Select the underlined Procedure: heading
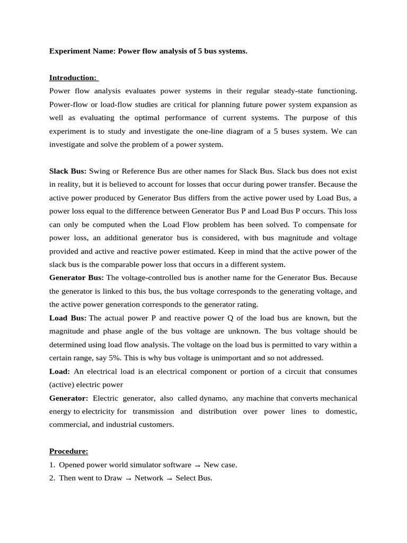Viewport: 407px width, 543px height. (69, 451)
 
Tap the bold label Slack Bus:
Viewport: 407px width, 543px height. (68, 171)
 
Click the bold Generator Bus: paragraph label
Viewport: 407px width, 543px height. (76, 278)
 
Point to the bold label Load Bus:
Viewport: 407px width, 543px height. (68, 318)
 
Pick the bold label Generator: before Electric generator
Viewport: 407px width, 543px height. (69, 398)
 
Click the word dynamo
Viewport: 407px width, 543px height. (213, 398)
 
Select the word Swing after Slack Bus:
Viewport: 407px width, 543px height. (99, 171)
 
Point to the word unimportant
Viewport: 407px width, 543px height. (237, 358)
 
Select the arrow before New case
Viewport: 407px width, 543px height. (197, 466)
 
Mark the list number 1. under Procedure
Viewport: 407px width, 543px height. (52, 465)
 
